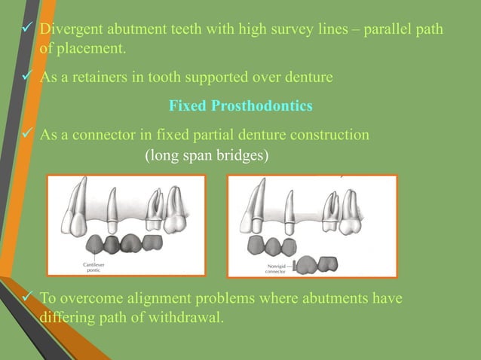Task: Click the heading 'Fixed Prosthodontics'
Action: pyautogui.click(x=240, y=106)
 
